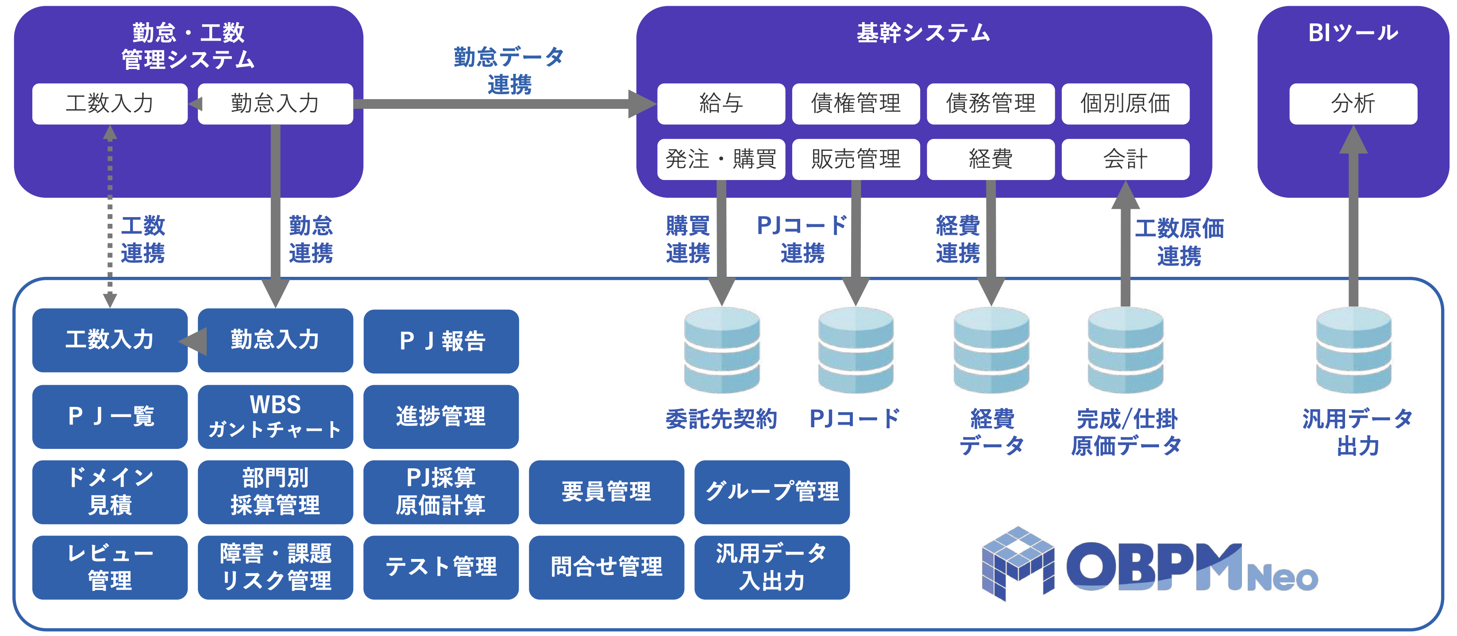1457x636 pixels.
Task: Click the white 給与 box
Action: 721,104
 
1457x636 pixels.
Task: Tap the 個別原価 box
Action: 1125,104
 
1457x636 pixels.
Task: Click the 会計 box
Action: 1125,159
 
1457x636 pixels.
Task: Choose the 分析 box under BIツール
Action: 1353,104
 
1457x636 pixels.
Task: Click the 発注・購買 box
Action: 721,159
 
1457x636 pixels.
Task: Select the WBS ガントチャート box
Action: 275,417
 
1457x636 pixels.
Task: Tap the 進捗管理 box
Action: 441,417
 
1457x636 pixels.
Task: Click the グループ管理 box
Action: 771,492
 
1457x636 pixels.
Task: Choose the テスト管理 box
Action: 441,567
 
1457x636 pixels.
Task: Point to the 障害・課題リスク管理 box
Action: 275,567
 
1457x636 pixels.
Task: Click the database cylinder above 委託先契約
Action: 722,350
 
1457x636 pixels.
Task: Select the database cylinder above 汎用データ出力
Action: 1353,350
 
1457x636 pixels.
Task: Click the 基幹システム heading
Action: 923,33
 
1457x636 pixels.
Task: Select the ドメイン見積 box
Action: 110,492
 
